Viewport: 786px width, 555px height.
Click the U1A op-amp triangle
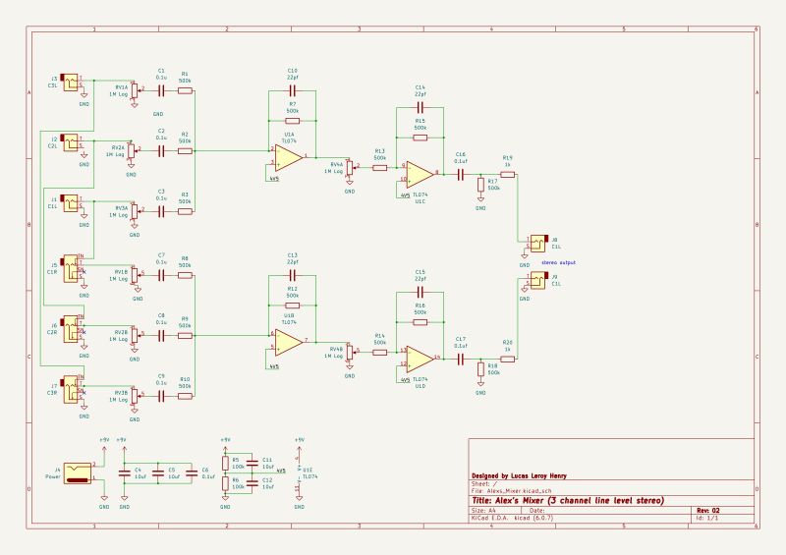pos(288,158)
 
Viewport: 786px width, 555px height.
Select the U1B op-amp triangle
pos(288,342)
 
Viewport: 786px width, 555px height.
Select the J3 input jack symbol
pos(72,203)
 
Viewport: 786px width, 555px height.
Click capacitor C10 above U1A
pos(292,90)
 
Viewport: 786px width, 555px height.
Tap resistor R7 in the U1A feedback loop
pos(292,114)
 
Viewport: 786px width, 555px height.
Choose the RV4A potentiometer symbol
pos(350,168)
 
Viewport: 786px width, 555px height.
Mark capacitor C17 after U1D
pos(460,359)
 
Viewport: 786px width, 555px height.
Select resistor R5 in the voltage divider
pos(225,463)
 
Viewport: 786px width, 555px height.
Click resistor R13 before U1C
pos(379,167)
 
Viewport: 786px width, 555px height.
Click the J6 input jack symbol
pos(73,326)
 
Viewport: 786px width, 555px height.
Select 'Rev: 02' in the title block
pos(708,511)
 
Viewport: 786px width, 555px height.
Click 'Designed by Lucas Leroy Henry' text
pos(519,475)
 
